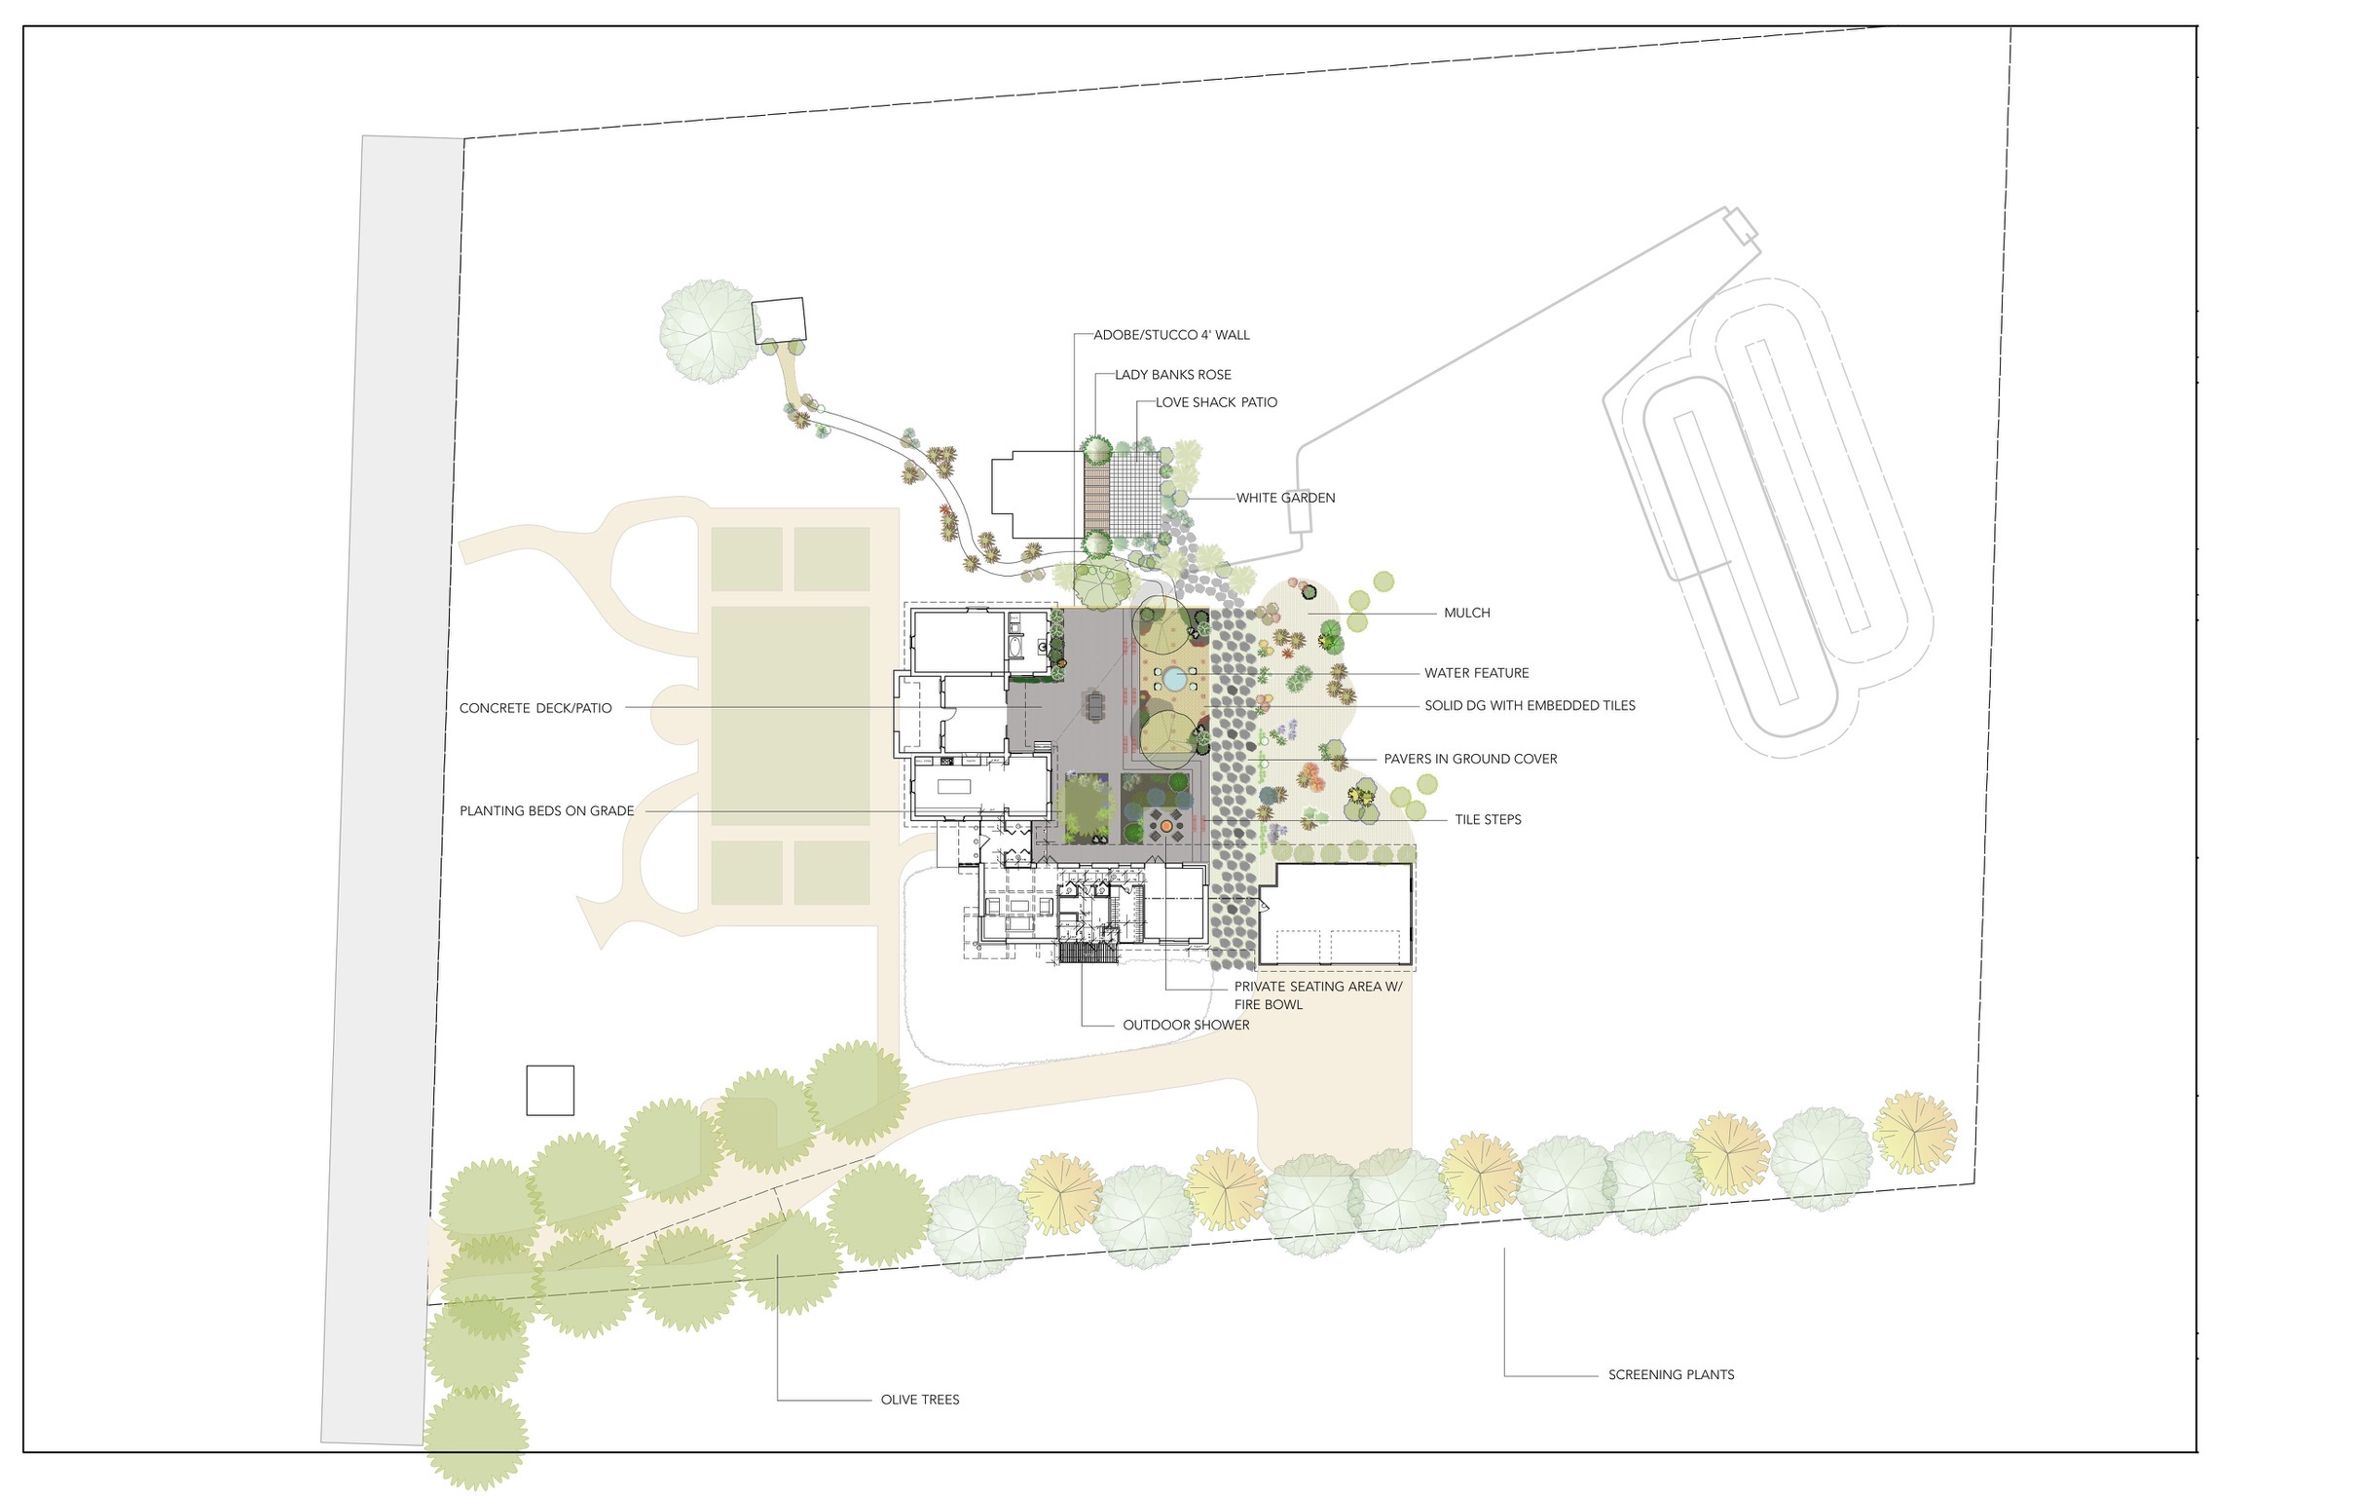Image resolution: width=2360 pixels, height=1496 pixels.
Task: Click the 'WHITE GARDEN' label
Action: click(x=1285, y=498)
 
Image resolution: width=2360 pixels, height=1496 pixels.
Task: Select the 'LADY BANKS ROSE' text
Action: click(x=1173, y=375)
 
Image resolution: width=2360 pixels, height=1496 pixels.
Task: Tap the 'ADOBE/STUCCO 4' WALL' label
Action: click(x=1171, y=335)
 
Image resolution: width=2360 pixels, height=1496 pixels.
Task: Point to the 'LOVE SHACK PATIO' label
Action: click(x=1216, y=402)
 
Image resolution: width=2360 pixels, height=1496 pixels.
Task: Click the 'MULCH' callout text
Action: click(x=1467, y=613)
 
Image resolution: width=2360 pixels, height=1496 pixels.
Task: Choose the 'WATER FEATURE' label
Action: click(x=1477, y=672)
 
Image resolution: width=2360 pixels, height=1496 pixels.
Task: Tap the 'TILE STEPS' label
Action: click(x=1488, y=819)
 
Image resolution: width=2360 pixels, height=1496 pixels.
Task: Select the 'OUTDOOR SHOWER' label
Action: click(x=1186, y=1025)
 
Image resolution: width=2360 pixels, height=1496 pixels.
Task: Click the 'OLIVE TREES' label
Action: click(x=919, y=1399)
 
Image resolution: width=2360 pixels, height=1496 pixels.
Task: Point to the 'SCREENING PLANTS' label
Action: click(x=1671, y=1374)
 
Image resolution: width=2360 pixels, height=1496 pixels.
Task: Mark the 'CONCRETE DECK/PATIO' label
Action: click(x=535, y=708)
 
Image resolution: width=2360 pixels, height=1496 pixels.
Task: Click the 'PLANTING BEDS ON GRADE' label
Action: click(x=547, y=810)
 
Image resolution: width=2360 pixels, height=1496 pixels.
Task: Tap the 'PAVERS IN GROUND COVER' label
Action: click(x=1470, y=759)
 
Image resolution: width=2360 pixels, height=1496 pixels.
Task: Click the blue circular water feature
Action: click(x=1174, y=679)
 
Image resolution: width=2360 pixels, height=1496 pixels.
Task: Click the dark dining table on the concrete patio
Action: click(x=1094, y=705)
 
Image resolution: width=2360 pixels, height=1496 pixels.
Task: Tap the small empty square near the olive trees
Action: click(x=550, y=1090)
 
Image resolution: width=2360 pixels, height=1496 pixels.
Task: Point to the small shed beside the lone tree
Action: click(x=779, y=320)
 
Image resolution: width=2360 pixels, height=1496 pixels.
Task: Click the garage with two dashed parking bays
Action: click(x=1335, y=915)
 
